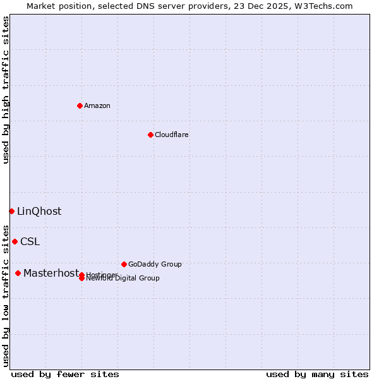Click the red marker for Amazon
[x=80, y=105]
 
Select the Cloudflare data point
[x=150, y=135]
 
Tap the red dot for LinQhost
[x=11, y=211]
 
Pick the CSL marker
[x=15, y=241]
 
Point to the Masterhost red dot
[x=18, y=273]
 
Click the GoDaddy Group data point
[x=124, y=264]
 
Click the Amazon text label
[x=97, y=105]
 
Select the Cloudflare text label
[x=172, y=135]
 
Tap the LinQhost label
[x=39, y=211]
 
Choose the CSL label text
[x=30, y=241]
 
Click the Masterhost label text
[x=51, y=273]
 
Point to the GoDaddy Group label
[x=155, y=264]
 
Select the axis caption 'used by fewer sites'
[x=65, y=374]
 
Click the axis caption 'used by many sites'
[x=317, y=374]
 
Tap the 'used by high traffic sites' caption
[x=6, y=90]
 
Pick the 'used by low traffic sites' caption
[x=6, y=295]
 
